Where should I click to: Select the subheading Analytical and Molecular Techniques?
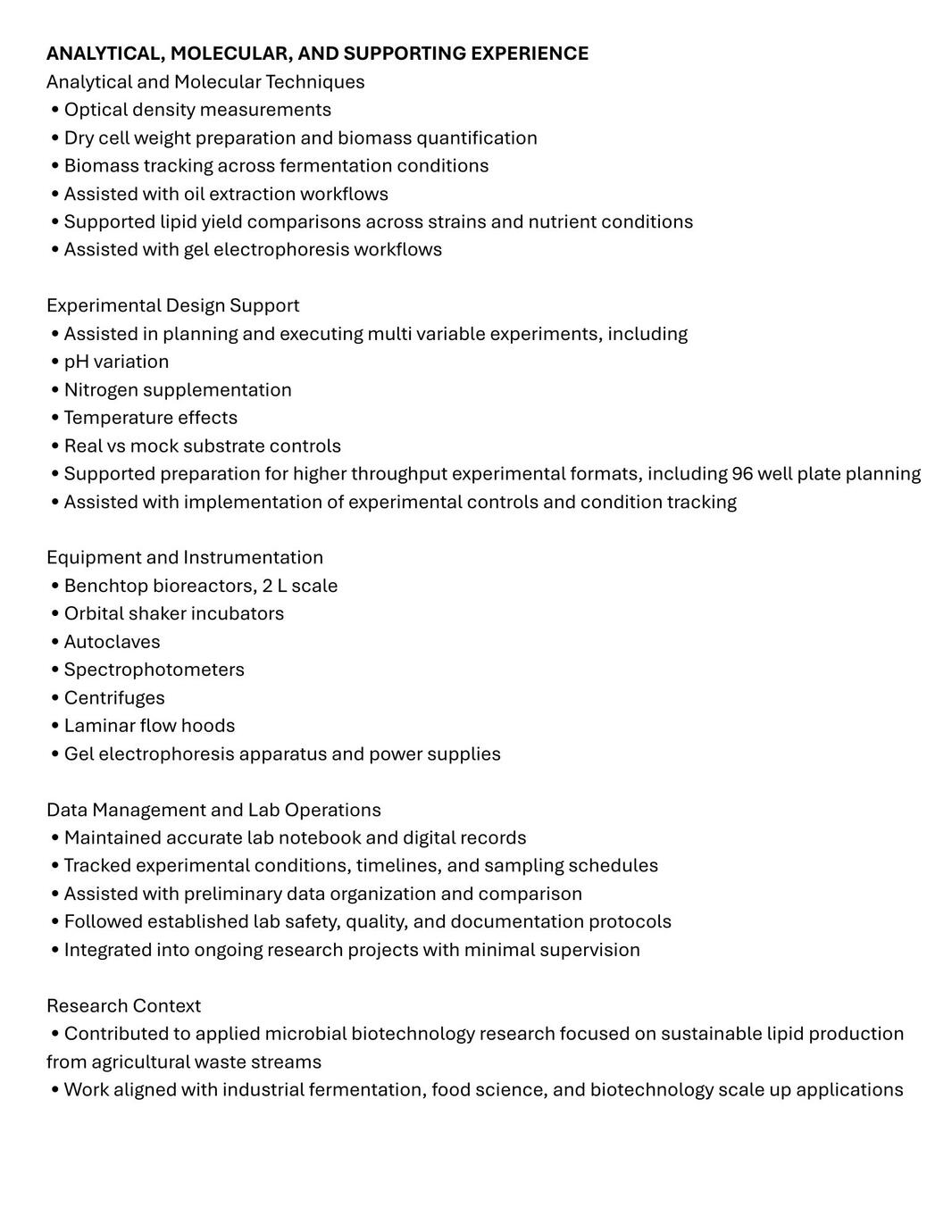click(205, 82)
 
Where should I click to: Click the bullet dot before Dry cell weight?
click(55, 137)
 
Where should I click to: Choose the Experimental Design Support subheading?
click(172, 305)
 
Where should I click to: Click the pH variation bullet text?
click(116, 362)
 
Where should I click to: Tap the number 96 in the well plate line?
click(742, 474)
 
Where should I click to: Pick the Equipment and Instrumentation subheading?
click(184, 558)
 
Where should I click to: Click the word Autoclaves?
click(112, 642)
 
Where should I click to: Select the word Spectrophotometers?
click(154, 670)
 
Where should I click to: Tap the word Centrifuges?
click(114, 698)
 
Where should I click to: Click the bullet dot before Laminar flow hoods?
click(55, 726)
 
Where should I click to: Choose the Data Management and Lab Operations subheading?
click(213, 810)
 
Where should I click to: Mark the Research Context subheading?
click(123, 1006)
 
